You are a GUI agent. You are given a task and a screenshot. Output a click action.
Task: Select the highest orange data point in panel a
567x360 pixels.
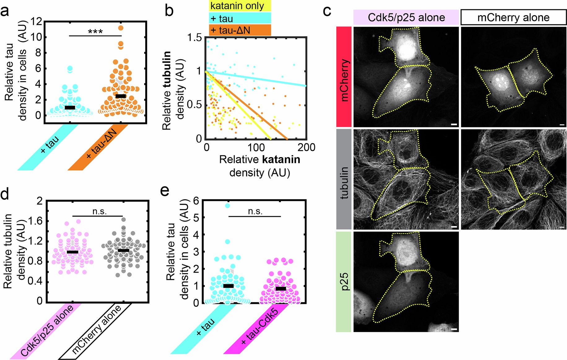pyautogui.click(x=121, y=28)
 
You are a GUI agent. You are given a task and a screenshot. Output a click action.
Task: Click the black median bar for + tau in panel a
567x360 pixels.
pyautogui.click(x=70, y=107)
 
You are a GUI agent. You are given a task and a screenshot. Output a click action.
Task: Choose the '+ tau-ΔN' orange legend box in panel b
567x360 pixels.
pyautogui.click(x=240, y=30)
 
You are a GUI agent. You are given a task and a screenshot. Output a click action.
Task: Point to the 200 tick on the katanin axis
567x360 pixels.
pyautogui.click(x=306, y=147)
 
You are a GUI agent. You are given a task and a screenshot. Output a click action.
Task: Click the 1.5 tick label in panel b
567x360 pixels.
pyautogui.click(x=194, y=37)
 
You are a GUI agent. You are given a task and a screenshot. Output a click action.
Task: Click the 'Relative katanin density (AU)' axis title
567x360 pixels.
pyautogui.click(x=260, y=166)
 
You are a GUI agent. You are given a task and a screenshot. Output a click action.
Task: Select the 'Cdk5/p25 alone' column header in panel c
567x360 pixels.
pyautogui.click(x=406, y=17)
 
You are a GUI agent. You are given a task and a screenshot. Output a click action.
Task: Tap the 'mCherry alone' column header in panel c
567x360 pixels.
pyautogui.click(x=513, y=17)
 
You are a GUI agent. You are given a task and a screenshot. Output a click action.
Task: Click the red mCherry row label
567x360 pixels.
pyautogui.click(x=344, y=77)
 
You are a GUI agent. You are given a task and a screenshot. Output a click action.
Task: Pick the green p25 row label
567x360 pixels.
pyautogui.click(x=344, y=281)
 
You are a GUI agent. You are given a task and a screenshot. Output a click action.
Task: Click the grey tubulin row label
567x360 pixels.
pyautogui.click(x=344, y=179)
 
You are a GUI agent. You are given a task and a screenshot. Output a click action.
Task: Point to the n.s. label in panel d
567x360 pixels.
pyautogui.click(x=99, y=211)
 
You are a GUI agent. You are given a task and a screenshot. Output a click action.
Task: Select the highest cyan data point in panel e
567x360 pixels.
pyautogui.click(x=227, y=205)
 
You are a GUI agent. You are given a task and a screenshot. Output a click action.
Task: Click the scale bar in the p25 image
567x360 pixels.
pyautogui.click(x=454, y=329)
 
